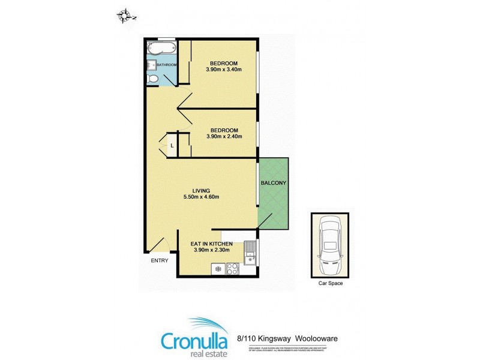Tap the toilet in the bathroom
coord(153,79)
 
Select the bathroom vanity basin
coord(150,64)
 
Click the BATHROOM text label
coord(167,65)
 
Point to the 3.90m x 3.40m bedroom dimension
coord(224,70)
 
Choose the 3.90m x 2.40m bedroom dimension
coord(224,136)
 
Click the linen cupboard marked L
coord(172,145)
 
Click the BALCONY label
coord(273,183)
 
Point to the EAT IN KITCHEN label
coord(211,244)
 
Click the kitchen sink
coord(250,252)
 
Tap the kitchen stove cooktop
coord(233,268)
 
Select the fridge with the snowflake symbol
coord(216,269)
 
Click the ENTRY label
coord(158,260)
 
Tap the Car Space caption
coord(330,283)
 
